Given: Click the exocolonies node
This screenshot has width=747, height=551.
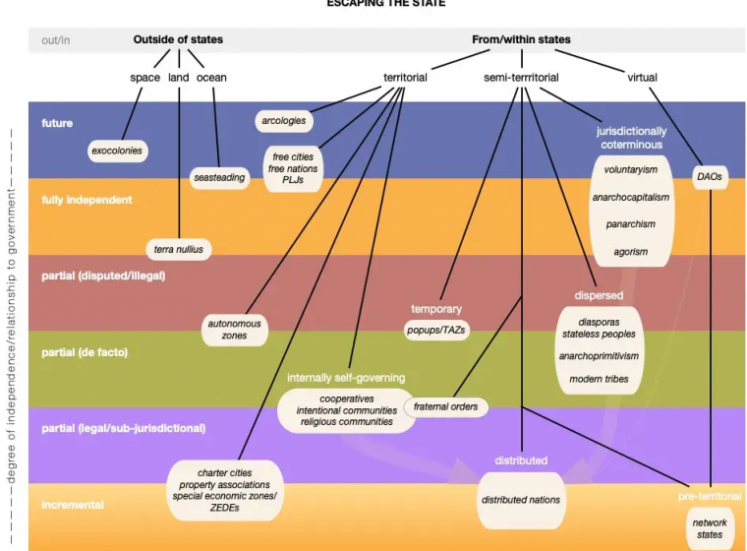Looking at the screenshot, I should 117,151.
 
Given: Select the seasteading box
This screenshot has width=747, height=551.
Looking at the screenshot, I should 219,178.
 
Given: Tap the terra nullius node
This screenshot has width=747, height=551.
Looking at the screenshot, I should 178,249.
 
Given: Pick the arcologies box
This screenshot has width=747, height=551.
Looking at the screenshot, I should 283,121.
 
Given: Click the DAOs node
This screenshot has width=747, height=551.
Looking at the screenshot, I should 709,177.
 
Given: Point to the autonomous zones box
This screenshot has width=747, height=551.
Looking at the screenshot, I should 235,330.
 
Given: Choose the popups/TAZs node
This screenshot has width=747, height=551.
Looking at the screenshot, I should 436,331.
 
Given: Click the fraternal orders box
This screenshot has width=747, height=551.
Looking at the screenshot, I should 445,405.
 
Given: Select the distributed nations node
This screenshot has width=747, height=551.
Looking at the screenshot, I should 521,500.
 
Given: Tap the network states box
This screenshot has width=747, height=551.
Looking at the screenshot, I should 708,528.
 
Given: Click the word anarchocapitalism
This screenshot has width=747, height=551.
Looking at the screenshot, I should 631,197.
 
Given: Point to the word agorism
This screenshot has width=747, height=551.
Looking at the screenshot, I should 631,252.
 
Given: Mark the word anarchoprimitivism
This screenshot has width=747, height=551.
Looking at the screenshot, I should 599,356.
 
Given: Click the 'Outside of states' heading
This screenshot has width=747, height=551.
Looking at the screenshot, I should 178,40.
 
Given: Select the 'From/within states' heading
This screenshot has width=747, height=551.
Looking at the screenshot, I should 521,40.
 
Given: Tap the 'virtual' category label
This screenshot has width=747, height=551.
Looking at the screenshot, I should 642,77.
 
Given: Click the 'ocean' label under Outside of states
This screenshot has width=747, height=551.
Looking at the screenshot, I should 211,77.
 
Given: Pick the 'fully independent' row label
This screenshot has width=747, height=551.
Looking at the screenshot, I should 86,200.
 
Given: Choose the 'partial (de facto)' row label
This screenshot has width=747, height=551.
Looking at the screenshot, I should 85,351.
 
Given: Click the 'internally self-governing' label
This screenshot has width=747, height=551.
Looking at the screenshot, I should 346,378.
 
